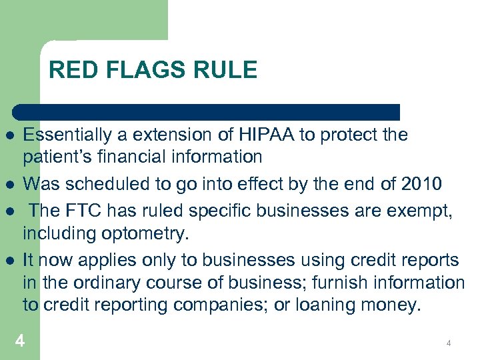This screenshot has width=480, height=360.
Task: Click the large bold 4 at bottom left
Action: [x=21, y=341]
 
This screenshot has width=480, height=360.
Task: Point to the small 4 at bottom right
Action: [x=449, y=343]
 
